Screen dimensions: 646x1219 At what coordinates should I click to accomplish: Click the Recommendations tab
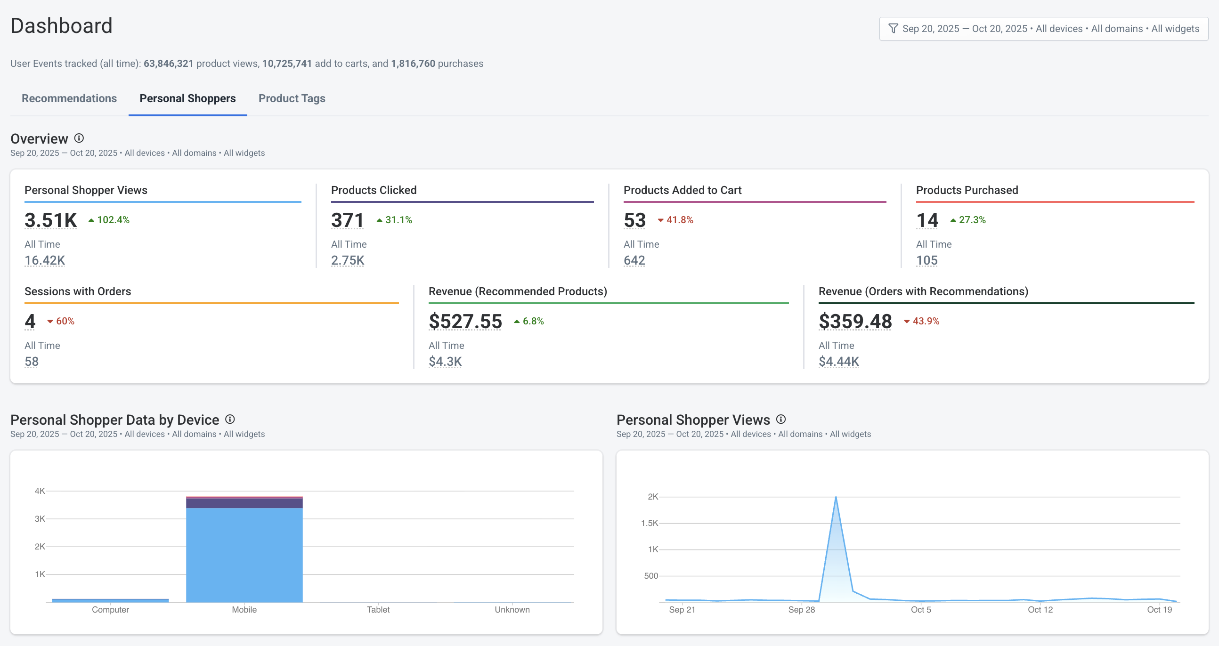[x=69, y=98]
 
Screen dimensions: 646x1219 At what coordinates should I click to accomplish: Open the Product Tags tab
[x=292, y=98]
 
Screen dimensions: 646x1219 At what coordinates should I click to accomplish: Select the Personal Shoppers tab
[x=187, y=98]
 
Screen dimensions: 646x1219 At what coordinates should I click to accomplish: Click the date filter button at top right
[x=1043, y=29]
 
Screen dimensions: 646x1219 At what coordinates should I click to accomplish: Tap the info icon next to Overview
[x=79, y=138]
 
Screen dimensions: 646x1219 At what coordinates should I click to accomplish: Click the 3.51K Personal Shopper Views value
[x=50, y=220]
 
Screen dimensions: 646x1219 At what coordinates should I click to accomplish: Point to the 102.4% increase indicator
[x=109, y=220]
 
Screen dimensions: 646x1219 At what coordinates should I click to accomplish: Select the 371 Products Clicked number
[x=347, y=220]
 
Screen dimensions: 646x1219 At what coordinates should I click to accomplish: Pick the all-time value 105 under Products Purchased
[x=926, y=260]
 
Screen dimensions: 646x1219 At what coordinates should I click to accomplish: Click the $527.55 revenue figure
[x=465, y=321]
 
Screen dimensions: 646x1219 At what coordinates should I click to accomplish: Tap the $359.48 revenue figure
[x=855, y=321]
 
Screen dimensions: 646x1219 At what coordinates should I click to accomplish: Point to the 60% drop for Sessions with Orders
[x=61, y=321]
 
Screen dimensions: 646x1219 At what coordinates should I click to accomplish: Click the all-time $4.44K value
[x=838, y=361]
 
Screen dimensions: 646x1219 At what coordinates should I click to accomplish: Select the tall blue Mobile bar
[x=244, y=553]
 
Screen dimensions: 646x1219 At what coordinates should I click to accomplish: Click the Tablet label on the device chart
[x=378, y=610]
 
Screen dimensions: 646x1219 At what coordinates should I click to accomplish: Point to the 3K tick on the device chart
[x=40, y=519]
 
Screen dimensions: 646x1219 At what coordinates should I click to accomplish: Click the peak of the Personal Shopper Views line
[x=836, y=498]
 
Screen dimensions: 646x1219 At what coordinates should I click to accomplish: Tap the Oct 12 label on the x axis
[x=1040, y=610]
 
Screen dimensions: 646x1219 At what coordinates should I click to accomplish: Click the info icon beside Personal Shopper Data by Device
[x=230, y=419]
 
